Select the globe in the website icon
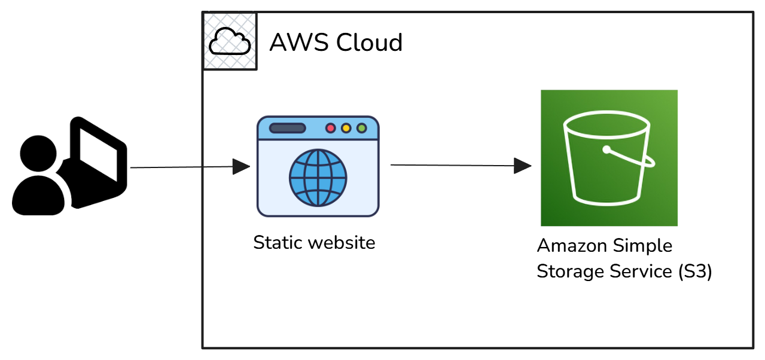pos(318,178)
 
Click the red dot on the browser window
pos(330,128)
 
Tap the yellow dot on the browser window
pos(346,128)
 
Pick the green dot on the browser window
pos(361,128)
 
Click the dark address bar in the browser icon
pos(288,128)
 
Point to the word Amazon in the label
pos(571,246)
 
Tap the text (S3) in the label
pos(695,272)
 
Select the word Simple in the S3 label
pos(642,246)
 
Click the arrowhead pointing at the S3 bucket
pos(523,166)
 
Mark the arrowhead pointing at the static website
pos(241,167)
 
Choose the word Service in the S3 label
pos(641,272)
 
